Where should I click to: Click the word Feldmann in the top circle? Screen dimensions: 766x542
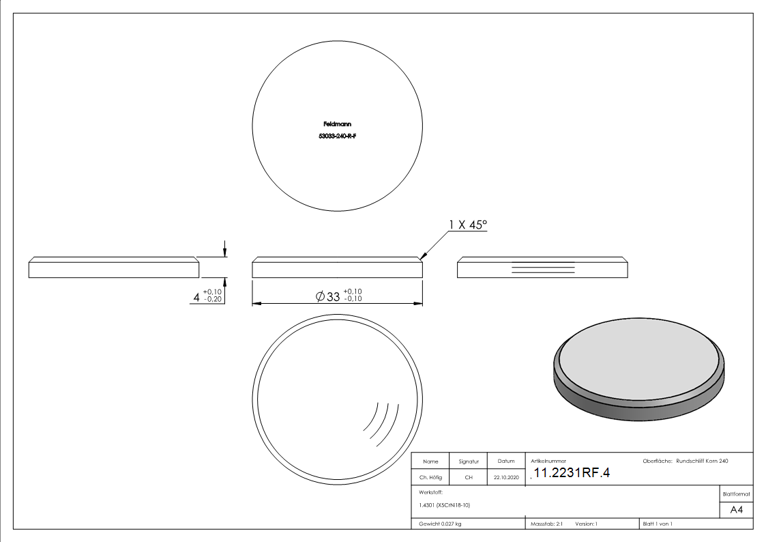pyautogui.click(x=337, y=124)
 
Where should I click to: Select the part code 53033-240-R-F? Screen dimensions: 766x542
pyautogui.click(x=337, y=137)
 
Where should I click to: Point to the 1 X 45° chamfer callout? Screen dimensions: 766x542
pyautogui.click(x=468, y=225)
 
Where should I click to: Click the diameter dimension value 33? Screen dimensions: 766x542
pyautogui.click(x=333, y=297)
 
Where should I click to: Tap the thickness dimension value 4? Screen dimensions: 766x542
pyautogui.click(x=196, y=297)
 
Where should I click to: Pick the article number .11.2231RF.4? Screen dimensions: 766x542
pyautogui.click(x=570, y=473)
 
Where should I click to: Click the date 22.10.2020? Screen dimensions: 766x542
pyautogui.click(x=506, y=477)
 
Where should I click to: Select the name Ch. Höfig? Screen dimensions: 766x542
pyautogui.click(x=430, y=477)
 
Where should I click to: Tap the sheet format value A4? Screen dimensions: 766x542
pyautogui.click(x=736, y=510)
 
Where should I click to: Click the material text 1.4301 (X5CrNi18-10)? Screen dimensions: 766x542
pyautogui.click(x=444, y=505)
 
